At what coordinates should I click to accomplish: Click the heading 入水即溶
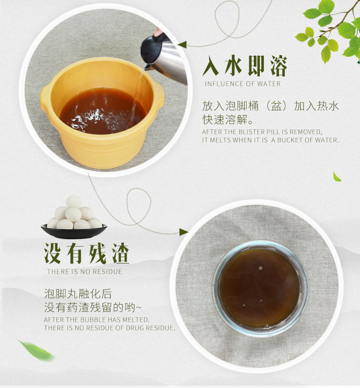pyautogui.click(x=245, y=66)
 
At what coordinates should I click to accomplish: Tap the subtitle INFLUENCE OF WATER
pyautogui.click(x=243, y=84)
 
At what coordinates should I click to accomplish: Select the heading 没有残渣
pyautogui.click(x=87, y=253)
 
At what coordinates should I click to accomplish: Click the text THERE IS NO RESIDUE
pyautogui.click(x=85, y=271)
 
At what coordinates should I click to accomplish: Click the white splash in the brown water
pyautogui.click(x=92, y=118)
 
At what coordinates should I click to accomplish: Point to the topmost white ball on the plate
pyautogui.click(x=74, y=202)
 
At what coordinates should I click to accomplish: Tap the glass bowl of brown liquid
pyautogui.click(x=260, y=289)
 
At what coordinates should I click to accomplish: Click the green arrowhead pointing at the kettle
pyautogui.click(x=182, y=45)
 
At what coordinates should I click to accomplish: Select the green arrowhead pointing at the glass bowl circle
pyautogui.click(x=184, y=232)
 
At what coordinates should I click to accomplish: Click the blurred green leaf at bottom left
pyautogui.click(x=36, y=350)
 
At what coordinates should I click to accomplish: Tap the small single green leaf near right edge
pyautogui.click(x=337, y=177)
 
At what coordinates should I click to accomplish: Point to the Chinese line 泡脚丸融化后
pyautogui.click(x=78, y=294)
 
